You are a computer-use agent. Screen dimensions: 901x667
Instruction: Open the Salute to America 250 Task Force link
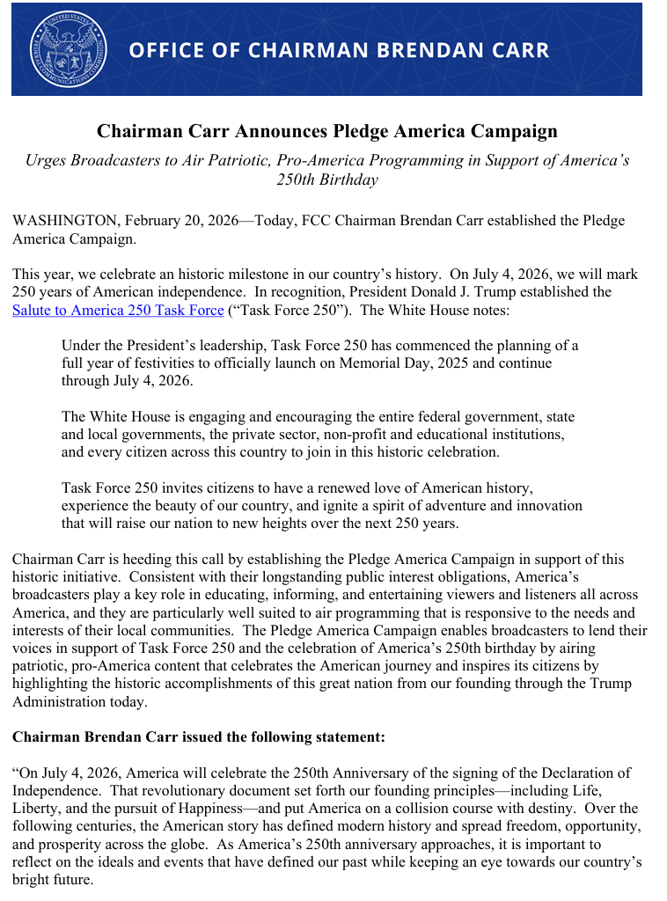point(118,310)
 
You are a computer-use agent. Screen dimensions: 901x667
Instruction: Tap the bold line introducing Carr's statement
point(199,736)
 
